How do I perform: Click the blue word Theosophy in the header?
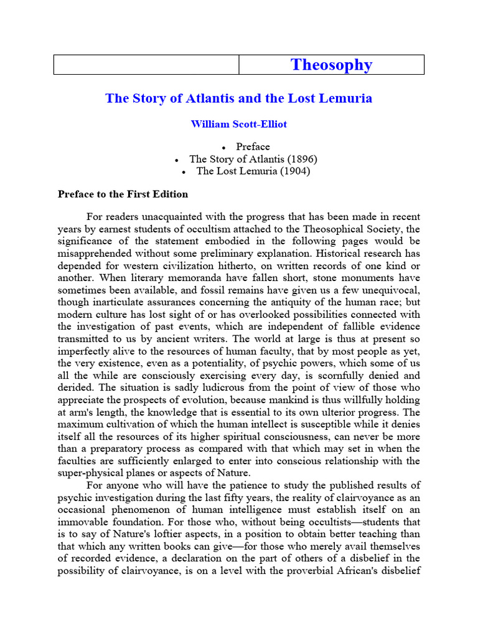(331, 65)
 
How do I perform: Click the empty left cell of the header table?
(146, 65)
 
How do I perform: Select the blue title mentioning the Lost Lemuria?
(238, 98)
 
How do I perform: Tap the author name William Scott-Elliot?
(238, 124)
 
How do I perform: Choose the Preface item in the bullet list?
(253, 147)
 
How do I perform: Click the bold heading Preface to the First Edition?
(123, 194)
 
